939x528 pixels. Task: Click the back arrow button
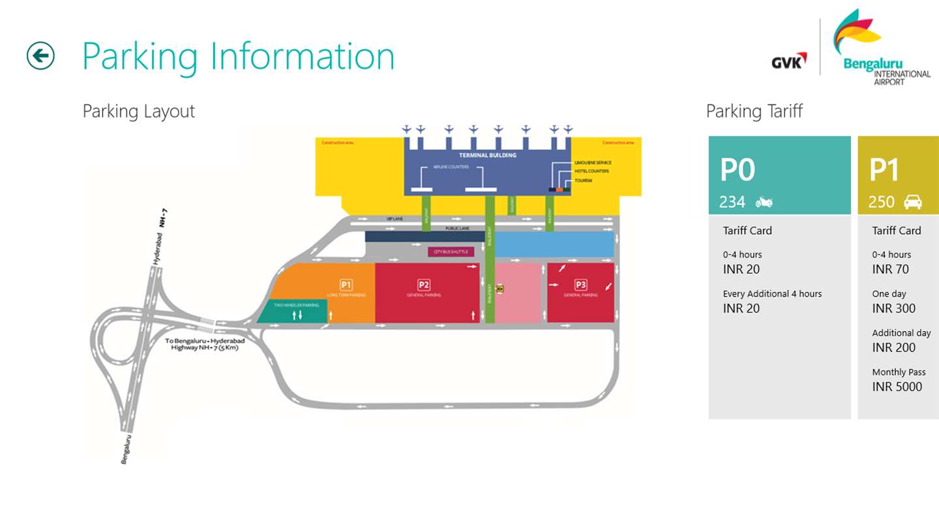coord(40,55)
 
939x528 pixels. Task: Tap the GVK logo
coord(788,61)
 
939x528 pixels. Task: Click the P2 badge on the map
coord(424,284)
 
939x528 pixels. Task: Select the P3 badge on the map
coord(580,284)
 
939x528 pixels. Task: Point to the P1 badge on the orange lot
coord(346,285)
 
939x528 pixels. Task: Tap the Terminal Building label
coord(487,155)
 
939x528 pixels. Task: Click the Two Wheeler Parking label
coord(297,305)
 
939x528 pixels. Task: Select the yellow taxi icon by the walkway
coord(500,287)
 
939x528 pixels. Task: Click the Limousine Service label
coord(593,162)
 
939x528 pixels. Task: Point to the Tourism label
coord(583,180)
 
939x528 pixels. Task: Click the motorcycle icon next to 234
coord(764,202)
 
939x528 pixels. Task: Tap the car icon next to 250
coord(912,202)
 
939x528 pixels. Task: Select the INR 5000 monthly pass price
coord(897,387)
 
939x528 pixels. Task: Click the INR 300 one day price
coord(893,308)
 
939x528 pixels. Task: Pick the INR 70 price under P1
coord(890,269)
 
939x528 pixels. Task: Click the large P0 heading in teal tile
coord(737,170)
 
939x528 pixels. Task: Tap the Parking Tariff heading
coord(754,111)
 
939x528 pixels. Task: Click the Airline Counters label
coord(451,168)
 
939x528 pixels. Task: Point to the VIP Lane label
coord(395,219)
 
